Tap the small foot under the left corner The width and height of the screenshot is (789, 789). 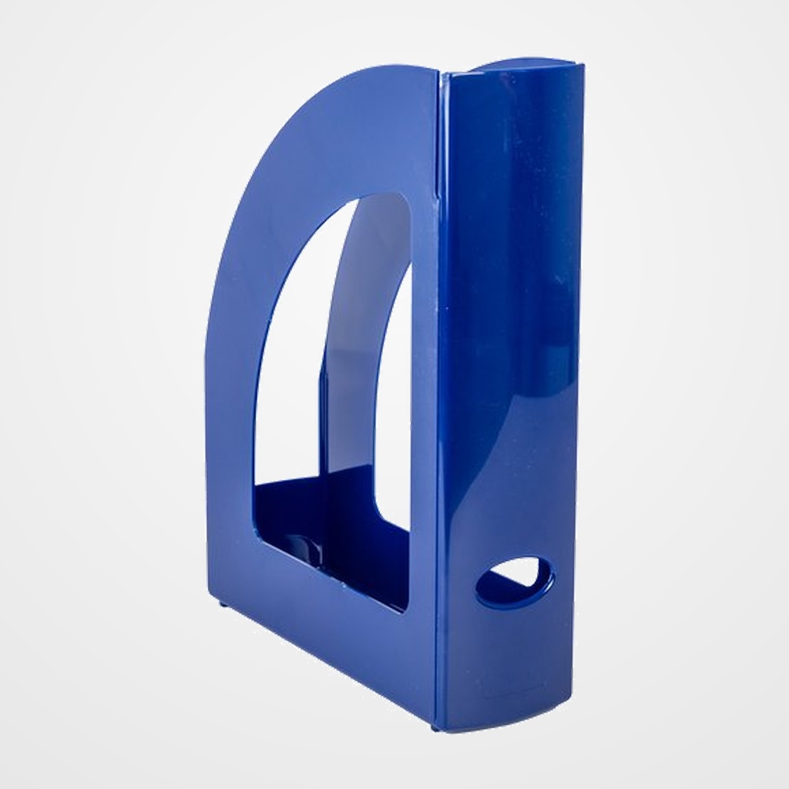[223, 604]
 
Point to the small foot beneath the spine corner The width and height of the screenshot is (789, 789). [435, 726]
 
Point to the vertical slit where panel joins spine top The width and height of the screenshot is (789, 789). [440, 123]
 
